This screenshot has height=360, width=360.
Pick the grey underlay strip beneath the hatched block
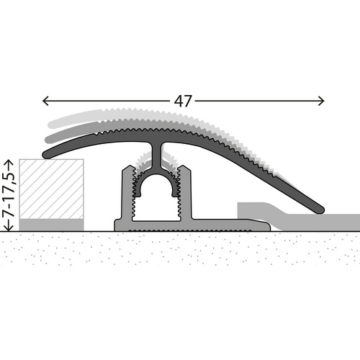pyautogui.click(x=51, y=224)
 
